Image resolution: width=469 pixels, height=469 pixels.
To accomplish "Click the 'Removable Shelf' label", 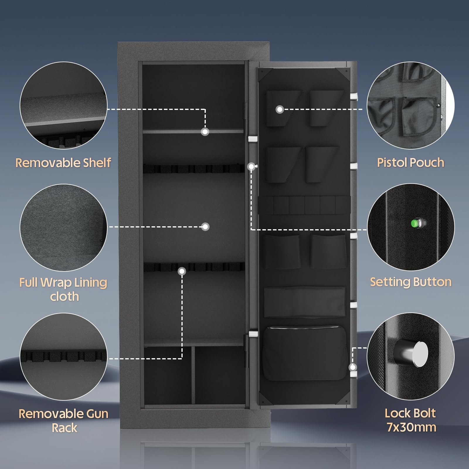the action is [x=63, y=163].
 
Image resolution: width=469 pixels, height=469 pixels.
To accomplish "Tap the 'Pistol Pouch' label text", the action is [x=410, y=163].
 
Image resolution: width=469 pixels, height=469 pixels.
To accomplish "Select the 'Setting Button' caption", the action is [x=411, y=282].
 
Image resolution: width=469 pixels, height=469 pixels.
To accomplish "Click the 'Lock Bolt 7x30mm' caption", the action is [x=411, y=420].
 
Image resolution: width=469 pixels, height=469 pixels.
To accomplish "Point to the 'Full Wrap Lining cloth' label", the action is [x=63, y=289].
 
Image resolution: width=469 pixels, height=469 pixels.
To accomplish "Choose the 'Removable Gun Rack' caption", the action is [x=64, y=421].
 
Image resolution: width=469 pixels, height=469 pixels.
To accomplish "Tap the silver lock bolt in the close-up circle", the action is [x=410, y=354].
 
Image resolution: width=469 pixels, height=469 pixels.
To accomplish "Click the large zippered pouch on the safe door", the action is [x=305, y=354].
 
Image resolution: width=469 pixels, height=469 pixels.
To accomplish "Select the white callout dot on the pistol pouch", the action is [x=280, y=110].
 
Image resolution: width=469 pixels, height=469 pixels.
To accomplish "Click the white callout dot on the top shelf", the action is [x=205, y=132].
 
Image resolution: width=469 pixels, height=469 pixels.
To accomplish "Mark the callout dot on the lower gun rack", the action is [x=182, y=271].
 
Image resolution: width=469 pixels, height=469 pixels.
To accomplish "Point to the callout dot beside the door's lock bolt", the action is [x=353, y=367].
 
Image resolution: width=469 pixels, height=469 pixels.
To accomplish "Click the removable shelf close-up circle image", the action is [x=64, y=105].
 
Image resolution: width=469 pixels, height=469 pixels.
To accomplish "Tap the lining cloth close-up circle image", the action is [x=64, y=228].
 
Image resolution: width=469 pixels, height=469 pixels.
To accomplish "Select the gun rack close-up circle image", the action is [x=64, y=357].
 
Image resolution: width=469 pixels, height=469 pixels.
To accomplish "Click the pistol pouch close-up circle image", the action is [x=411, y=105].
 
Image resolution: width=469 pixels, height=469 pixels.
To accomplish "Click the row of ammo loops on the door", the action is [x=305, y=205].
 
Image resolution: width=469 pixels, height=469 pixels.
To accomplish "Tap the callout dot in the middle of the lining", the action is [x=205, y=227].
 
